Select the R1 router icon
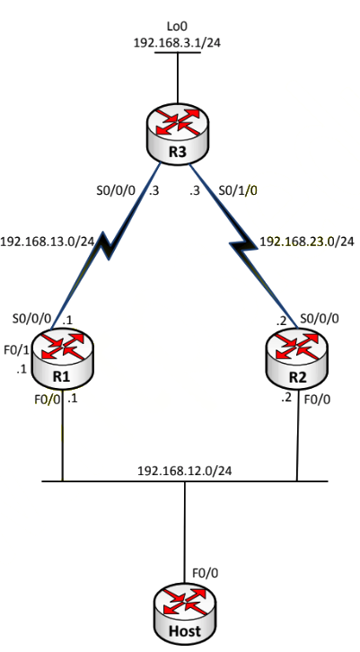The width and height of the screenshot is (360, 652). (x=62, y=359)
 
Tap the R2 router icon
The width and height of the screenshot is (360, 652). (x=297, y=359)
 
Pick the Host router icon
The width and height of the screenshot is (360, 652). (x=185, y=612)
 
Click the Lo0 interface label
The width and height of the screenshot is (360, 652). (x=177, y=26)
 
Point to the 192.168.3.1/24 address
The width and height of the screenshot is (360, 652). (x=177, y=42)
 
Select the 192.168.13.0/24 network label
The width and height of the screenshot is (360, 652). (x=47, y=242)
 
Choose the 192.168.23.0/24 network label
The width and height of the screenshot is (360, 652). (x=307, y=242)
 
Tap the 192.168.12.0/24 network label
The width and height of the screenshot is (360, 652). (x=185, y=471)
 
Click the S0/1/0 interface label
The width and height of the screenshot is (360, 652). (x=238, y=190)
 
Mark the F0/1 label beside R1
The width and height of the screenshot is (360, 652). (x=17, y=350)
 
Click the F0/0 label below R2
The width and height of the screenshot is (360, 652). (x=318, y=400)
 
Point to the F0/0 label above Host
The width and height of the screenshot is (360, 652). (x=205, y=573)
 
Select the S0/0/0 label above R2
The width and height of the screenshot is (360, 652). (x=320, y=319)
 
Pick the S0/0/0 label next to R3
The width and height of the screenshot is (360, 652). (x=116, y=190)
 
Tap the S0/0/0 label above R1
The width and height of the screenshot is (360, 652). (x=31, y=319)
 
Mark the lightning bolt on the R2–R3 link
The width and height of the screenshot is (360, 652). (x=245, y=246)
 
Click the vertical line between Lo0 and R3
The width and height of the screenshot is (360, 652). (x=178, y=78)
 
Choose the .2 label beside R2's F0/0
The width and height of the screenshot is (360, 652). (x=286, y=398)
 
